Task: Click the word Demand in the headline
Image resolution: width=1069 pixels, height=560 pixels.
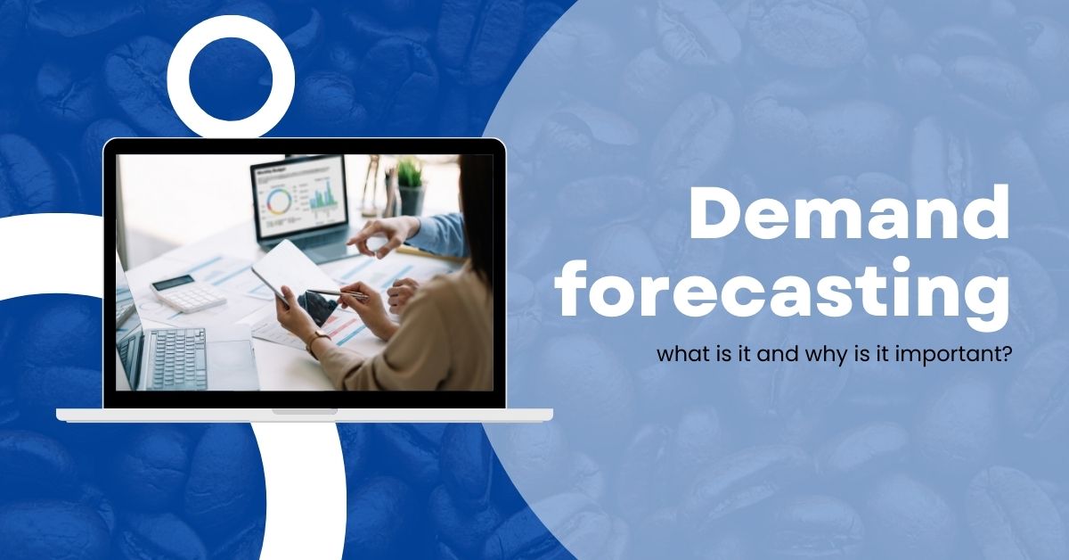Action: click(850, 212)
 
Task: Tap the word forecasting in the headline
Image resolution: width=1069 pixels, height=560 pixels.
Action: click(784, 292)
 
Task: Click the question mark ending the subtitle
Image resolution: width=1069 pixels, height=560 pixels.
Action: click(1006, 354)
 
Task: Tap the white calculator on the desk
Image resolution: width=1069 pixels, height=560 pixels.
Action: click(188, 292)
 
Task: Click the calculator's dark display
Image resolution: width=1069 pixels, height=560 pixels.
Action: click(172, 283)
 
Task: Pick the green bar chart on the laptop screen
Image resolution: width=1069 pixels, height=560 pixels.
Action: click(323, 195)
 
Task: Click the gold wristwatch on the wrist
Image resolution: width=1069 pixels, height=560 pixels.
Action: click(316, 341)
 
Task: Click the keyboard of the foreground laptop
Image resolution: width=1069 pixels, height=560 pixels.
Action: click(175, 358)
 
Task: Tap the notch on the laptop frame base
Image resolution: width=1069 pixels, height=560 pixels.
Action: click(305, 411)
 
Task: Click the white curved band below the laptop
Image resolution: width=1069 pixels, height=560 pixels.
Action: click(305, 491)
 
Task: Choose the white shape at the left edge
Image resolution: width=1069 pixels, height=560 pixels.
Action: click(48, 256)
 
